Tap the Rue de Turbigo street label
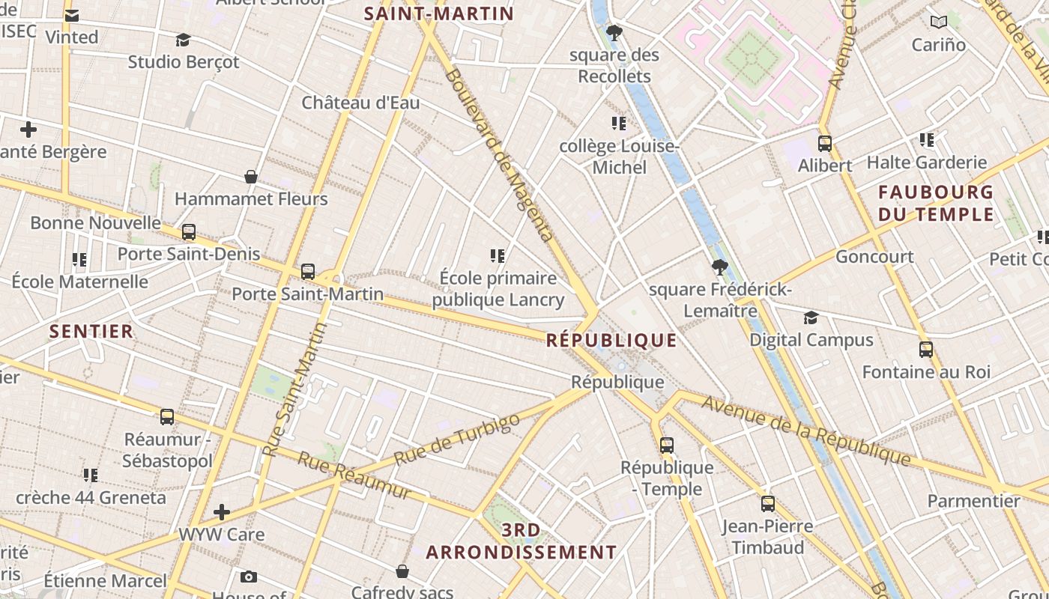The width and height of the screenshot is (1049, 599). pyautogui.click(x=456, y=439)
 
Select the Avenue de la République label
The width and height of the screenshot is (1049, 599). pyautogui.click(x=806, y=430)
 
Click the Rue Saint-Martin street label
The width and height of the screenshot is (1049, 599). pyautogui.click(x=295, y=389)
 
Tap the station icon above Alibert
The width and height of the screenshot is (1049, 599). pyautogui.click(x=825, y=144)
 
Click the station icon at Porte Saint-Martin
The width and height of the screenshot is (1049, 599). pyautogui.click(x=308, y=272)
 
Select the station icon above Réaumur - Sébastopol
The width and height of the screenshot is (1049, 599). pyautogui.click(x=167, y=417)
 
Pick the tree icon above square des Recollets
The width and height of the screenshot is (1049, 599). pyautogui.click(x=614, y=33)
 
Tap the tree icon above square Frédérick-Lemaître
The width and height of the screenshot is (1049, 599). pyautogui.click(x=719, y=267)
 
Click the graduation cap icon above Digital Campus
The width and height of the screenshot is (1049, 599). pyautogui.click(x=811, y=318)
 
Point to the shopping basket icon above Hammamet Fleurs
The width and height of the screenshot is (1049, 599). pyautogui.click(x=251, y=177)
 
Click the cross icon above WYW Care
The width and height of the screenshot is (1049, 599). pyautogui.click(x=222, y=512)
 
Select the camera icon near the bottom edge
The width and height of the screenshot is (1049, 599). pyautogui.click(x=249, y=577)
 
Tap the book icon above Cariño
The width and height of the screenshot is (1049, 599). pyautogui.click(x=938, y=22)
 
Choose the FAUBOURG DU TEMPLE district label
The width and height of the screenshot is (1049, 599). pyautogui.click(x=936, y=204)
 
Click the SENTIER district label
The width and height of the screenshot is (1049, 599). pyautogui.click(x=91, y=331)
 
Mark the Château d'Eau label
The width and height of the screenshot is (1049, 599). pyautogui.click(x=360, y=103)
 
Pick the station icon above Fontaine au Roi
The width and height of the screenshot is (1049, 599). pyautogui.click(x=926, y=350)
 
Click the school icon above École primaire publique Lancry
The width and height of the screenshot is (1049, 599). pyautogui.click(x=497, y=257)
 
